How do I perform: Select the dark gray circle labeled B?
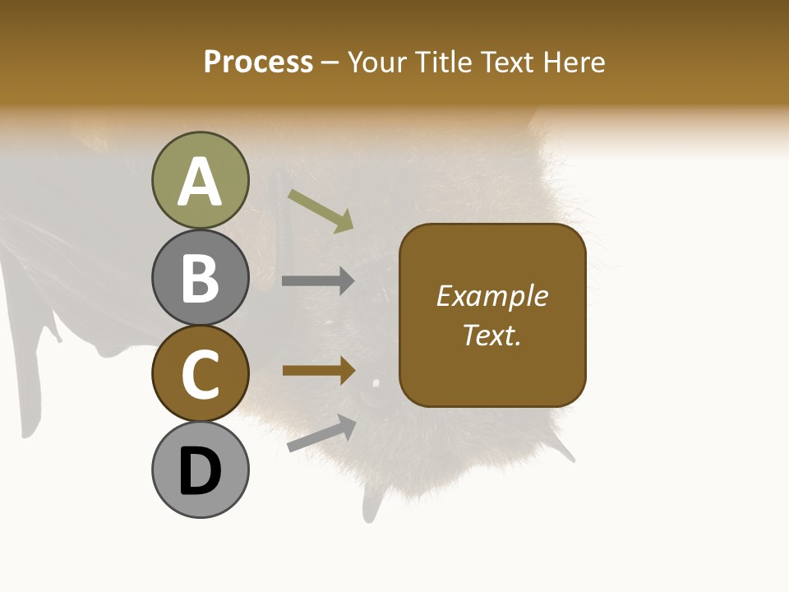(200, 277)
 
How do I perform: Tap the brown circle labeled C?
(200, 373)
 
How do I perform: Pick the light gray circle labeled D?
(200, 469)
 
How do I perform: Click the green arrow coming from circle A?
(321, 210)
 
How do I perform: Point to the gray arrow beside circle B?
(318, 281)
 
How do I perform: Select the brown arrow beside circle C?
(318, 371)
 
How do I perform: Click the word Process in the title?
(258, 62)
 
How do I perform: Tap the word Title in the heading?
(445, 62)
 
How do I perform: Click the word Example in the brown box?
(491, 296)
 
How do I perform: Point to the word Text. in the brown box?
(491, 335)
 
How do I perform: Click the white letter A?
(200, 182)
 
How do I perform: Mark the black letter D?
(200, 471)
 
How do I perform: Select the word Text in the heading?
(507, 62)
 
